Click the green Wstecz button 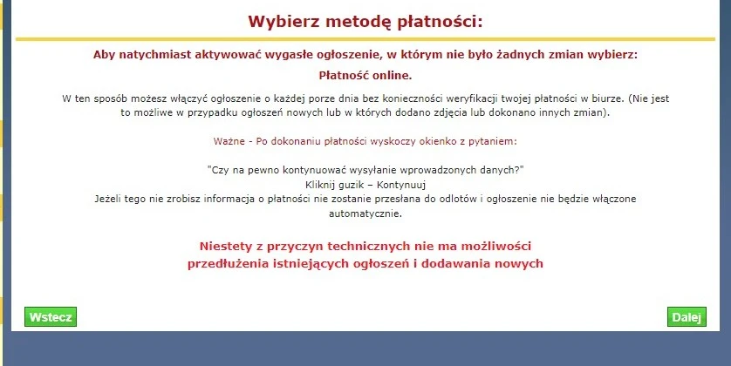(x=51, y=317)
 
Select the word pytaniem (x=494, y=140)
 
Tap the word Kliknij (x=323, y=184)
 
